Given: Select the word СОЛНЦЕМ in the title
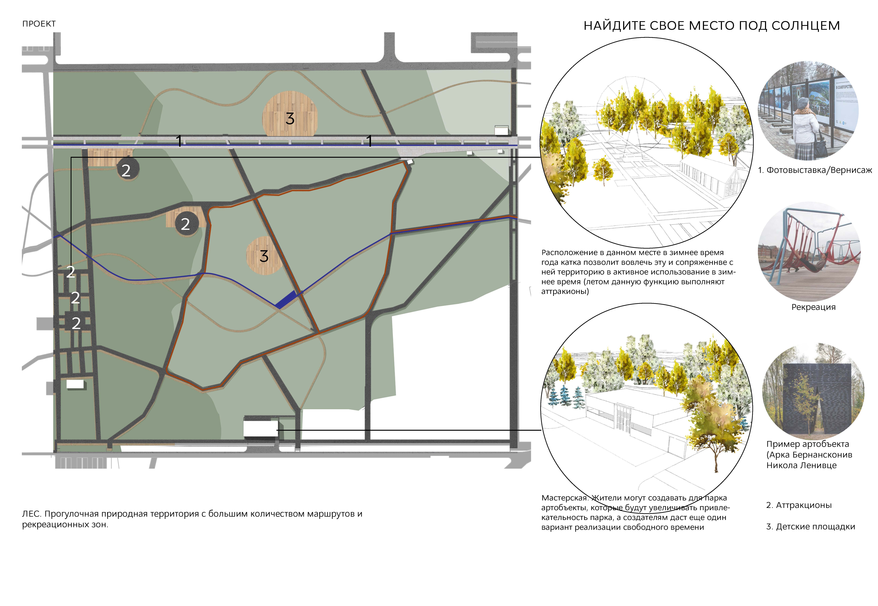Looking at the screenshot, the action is pos(805,26).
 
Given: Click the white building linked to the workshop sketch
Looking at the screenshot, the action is pos(260,428).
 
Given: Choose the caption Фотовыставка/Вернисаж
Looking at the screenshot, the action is pos(819,170).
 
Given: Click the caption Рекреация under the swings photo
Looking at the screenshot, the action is pos(813,307).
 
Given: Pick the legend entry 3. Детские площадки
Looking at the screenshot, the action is pos(810,527).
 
